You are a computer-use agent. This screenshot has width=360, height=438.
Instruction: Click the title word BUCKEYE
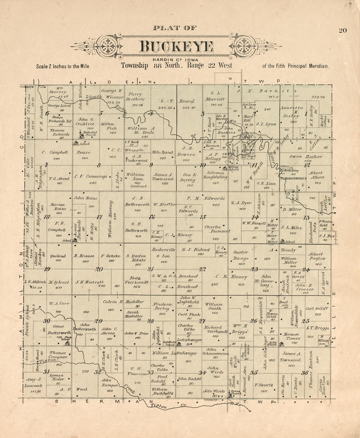point(176,47)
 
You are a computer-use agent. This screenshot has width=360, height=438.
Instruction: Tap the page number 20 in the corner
point(343,30)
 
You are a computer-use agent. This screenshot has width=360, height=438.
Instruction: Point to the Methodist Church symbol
point(81,134)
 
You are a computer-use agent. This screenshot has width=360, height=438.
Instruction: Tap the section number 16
point(152,217)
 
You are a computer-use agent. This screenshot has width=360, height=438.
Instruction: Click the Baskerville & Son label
point(164,253)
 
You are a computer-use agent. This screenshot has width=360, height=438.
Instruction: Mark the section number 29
point(99,321)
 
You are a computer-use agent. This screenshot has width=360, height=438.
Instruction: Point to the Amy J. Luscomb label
point(34,382)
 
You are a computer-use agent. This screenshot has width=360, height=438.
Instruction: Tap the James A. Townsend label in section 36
point(292,357)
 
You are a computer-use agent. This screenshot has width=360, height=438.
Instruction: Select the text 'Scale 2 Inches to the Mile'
point(63,66)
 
